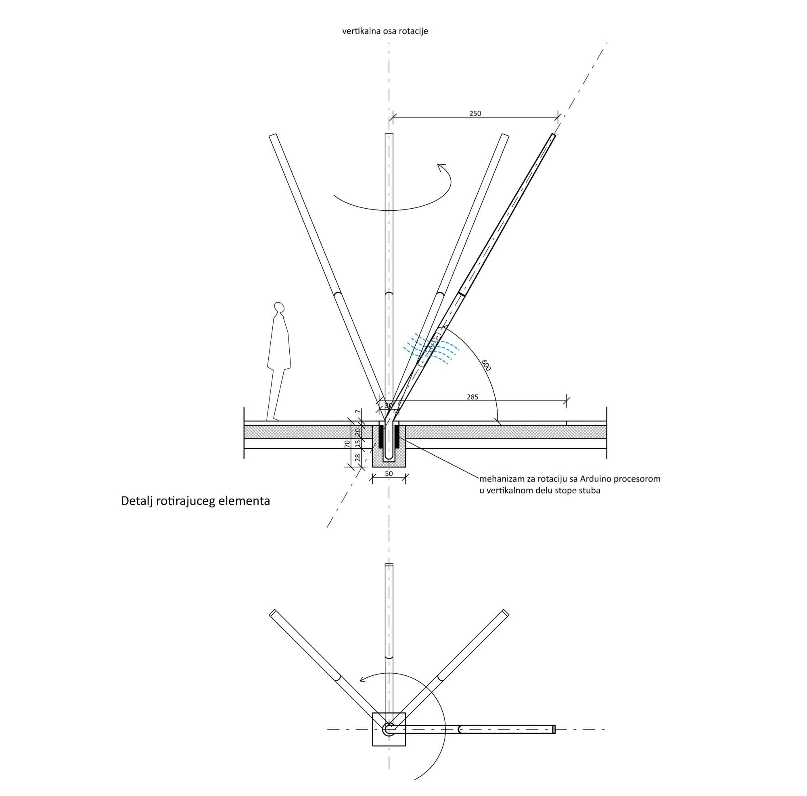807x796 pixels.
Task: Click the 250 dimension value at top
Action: [475, 113]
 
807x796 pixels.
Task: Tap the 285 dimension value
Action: [472, 397]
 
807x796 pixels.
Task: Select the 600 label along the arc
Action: [486, 365]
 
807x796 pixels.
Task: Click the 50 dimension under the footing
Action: [389, 473]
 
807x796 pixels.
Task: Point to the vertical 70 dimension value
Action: [347, 444]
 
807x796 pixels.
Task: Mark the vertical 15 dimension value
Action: [358, 443]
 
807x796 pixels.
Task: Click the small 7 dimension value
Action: [358, 412]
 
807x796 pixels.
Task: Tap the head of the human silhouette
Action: [279, 307]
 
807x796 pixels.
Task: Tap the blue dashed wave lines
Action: [430, 348]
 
